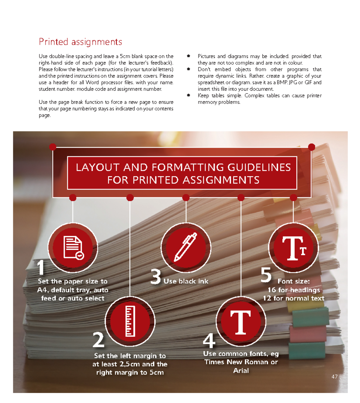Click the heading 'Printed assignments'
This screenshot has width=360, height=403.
click(x=80, y=42)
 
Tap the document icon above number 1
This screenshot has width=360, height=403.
click(x=73, y=248)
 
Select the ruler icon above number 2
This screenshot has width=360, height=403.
click(x=130, y=321)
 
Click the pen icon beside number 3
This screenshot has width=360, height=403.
click(x=186, y=247)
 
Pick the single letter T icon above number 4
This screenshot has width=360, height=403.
click(x=241, y=322)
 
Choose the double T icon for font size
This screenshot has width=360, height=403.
click(x=294, y=248)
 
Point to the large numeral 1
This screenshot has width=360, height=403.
click(x=41, y=268)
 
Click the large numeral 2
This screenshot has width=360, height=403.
click(x=98, y=340)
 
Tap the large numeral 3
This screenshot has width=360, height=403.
click(x=156, y=276)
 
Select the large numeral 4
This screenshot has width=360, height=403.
click(x=209, y=341)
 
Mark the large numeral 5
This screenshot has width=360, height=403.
click(x=266, y=275)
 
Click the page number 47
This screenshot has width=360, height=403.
click(x=334, y=377)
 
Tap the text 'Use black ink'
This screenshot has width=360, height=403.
click(x=186, y=281)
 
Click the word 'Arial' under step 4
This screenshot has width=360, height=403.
click(x=241, y=371)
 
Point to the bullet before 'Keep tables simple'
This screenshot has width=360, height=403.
click(x=188, y=95)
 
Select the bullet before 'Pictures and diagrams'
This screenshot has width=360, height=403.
click(x=188, y=56)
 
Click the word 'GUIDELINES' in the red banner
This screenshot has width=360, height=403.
click(x=259, y=167)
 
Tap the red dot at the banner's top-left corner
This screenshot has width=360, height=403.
click(x=53, y=147)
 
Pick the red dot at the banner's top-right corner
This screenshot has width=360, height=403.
click(x=311, y=147)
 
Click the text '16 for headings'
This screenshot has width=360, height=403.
click(x=294, y=290)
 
